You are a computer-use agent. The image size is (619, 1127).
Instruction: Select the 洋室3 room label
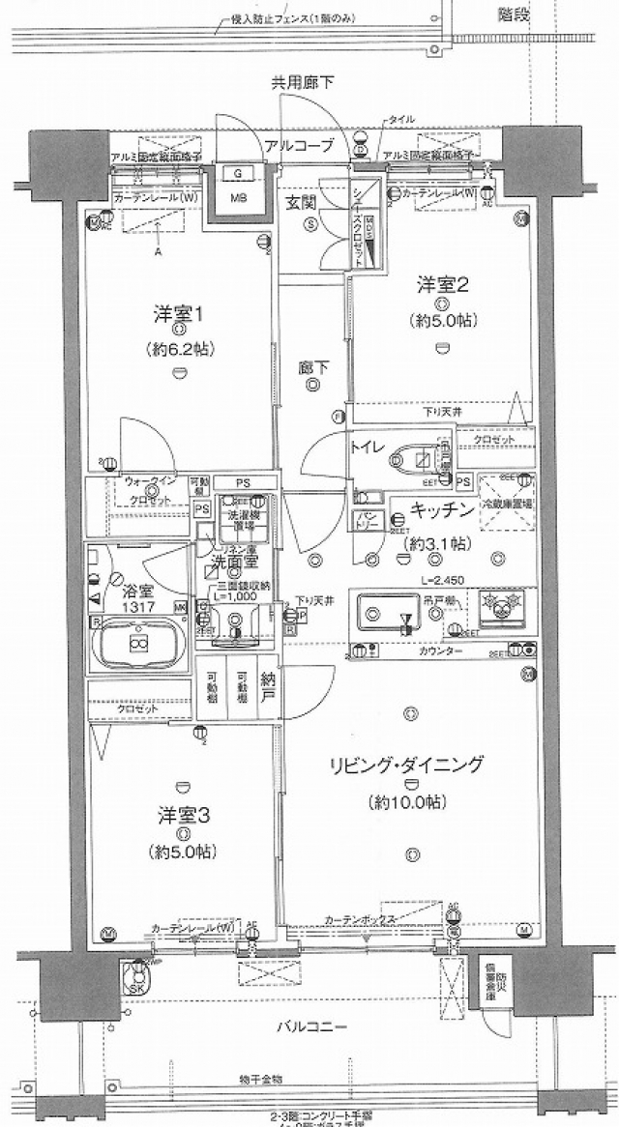[x=183, y=815]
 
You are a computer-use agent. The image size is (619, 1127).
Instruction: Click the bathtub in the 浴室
[x=137, y=642]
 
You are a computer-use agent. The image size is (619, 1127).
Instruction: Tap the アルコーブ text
[x=299, y=146]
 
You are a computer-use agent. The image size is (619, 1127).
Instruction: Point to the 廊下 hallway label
[x=311, y=366]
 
